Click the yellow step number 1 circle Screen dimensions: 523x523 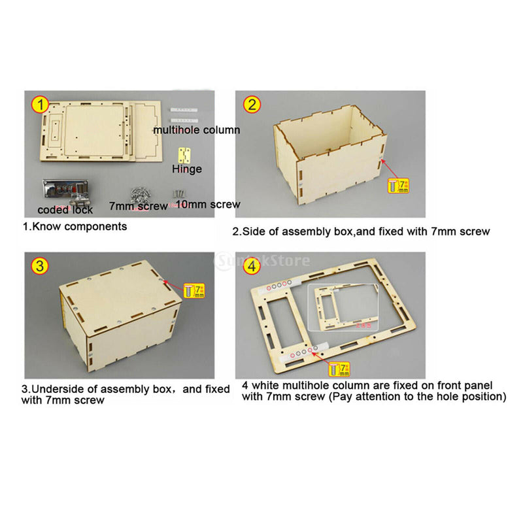click(x=41, y=104)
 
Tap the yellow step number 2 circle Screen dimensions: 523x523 click(x=252, y=105)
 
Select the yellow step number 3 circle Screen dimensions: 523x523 click(x=41, y=265)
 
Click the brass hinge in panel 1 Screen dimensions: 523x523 click(x=187, y=154)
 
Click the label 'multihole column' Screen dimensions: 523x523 click(x=196, y=129)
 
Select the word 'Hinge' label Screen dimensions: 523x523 click(x=187, y=169)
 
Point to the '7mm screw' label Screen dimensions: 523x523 click(x=139, y=205)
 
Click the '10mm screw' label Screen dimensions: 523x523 click(x=209, y=205)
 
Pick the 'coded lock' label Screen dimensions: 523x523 click(x=65, y=210)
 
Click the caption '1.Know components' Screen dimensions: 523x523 click(x=75, y=227)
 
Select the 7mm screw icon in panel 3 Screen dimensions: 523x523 click(x=195, y=290)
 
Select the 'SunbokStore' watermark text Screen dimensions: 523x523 click(x=261, y=261)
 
